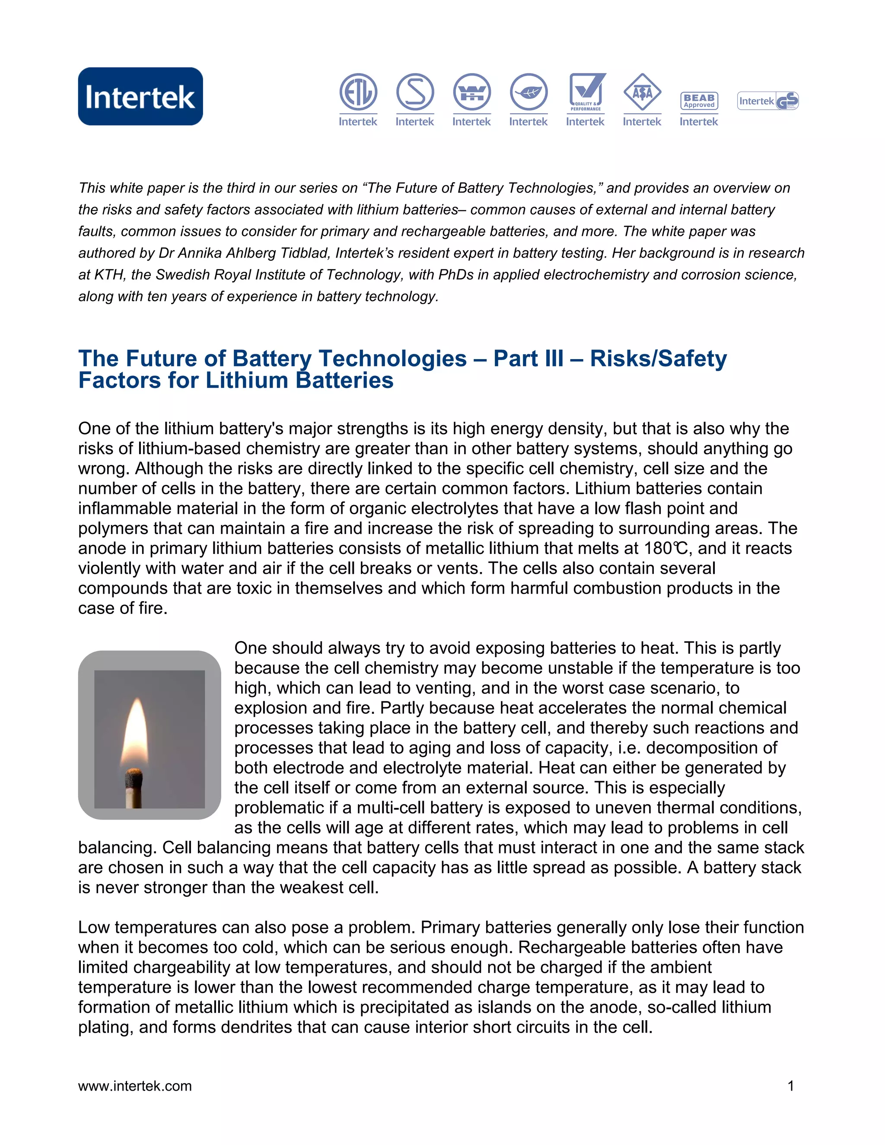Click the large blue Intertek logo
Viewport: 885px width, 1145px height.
(x=140, y=96)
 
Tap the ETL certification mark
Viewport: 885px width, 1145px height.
(x=358, y=92)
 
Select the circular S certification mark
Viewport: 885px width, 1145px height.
(x=415, y=92)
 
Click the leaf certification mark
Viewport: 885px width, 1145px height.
(x=528, y=92)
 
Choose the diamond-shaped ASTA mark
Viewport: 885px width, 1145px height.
(x=642, y=92)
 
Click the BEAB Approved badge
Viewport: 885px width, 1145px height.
(x=699, y=101)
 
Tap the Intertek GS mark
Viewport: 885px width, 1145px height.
(x=768, y=101)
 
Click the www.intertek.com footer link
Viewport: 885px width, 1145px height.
(x=135, y=1086)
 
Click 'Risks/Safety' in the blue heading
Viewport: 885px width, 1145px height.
(x=658, y=359)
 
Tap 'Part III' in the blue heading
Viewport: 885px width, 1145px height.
(x=528, y=359)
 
